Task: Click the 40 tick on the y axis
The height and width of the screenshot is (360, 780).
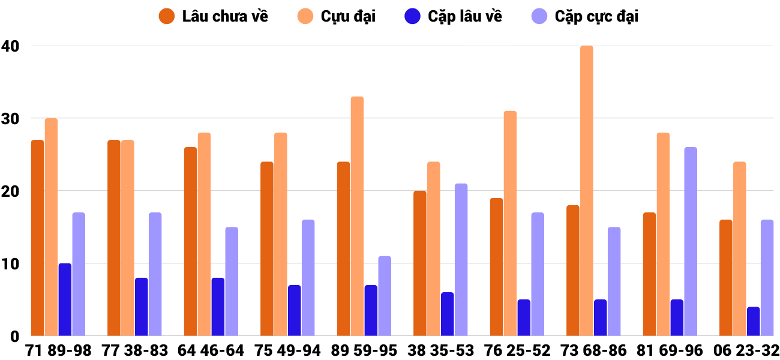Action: click(10, 46)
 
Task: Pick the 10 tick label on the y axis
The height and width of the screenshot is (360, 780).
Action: click(10, 263)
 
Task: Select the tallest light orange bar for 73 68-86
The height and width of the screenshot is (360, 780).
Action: click(586, 191)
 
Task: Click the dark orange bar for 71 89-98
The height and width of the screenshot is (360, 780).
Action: click(37, 238)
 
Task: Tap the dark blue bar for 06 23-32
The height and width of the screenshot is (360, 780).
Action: click(753, 322)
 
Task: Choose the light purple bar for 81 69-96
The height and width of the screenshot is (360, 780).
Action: click(690, 241)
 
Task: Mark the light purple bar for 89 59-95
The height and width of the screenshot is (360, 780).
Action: click(385, 296)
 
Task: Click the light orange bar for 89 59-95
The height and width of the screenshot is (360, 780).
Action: click(357, 216)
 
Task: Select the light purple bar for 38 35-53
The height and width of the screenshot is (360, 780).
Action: click(461, 260)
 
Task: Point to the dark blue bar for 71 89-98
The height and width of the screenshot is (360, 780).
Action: click(65, 299)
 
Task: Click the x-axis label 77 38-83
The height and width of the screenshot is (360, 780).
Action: click(135, 350)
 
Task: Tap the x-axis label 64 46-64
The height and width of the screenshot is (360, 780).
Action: click(211, 350)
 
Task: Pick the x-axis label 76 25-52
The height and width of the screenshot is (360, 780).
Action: click(517, 350)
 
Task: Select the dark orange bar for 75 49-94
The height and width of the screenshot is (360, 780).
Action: click(267, 248)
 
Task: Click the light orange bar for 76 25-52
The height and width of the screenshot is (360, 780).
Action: click(510, 223)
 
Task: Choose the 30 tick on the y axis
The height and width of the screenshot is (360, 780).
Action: click(10, 118)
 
